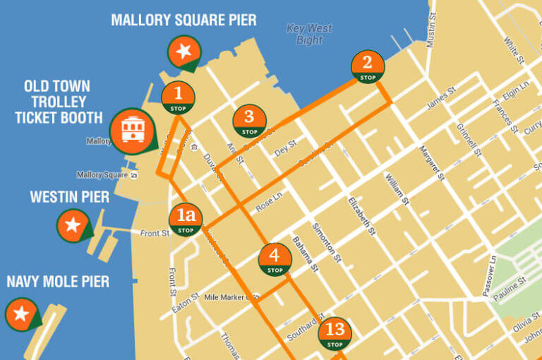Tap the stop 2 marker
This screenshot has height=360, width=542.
[x=367, y=66]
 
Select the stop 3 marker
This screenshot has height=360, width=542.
[x=249, y=121]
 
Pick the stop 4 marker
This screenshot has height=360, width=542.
[x=275, y=259]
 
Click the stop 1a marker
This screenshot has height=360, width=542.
[x=186, y=220]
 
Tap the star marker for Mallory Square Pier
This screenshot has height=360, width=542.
[x=183, y=52]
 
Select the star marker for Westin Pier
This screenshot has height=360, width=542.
[x=72, y=225]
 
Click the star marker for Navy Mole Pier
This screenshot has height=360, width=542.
[x=21, y=313]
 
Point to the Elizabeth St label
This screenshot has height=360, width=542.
[x=360, y=215]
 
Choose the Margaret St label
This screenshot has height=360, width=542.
[x=431, y=163]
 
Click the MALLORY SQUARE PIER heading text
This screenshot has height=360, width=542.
[x=183, y=20]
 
